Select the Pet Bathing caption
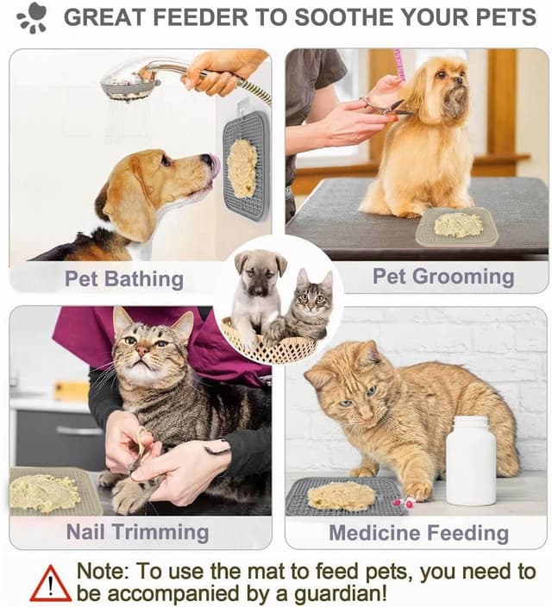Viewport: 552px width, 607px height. point(123,278)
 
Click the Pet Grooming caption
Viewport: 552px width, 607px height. point(442,277)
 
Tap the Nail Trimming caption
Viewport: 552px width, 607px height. point(137,532)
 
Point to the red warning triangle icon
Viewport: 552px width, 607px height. point(50,584)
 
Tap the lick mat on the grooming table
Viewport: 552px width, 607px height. point(456,225)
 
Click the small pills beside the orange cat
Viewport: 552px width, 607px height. point(398,503)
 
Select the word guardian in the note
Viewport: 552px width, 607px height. point(336,593)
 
